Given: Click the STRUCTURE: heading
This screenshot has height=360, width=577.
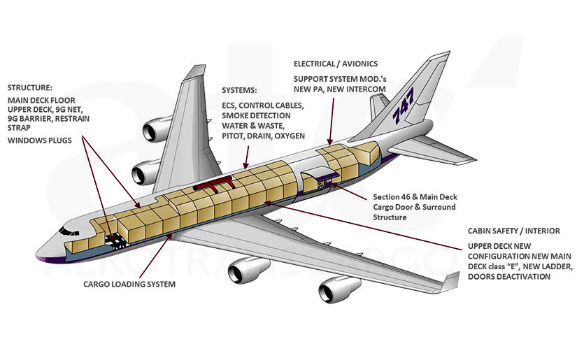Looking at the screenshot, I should click(x=30, y=88).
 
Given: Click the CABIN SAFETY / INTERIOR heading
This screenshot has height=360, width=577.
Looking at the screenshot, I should click(x=514, y=231).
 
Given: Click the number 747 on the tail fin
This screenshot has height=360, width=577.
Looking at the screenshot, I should click(x=404, y=106).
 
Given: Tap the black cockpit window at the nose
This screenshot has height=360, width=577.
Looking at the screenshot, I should click(x=69, y=231).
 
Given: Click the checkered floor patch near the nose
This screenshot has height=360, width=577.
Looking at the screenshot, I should click(x=113, y=239).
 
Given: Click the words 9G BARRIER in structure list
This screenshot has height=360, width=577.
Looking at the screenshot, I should click(x=29, y=119).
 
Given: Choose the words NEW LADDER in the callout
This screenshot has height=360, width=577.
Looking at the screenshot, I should click(x=539, y=267).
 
